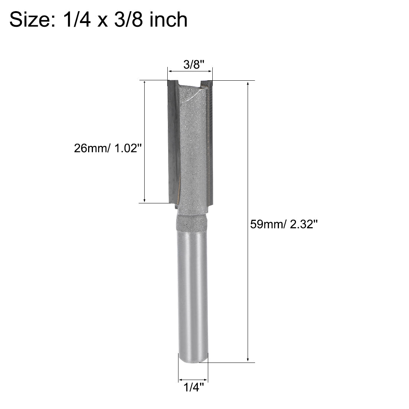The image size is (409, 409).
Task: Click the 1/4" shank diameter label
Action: [193, 388]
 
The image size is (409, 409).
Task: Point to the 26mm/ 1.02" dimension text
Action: [108, 149]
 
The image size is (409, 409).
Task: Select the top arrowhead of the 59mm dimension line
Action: [248, 83]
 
